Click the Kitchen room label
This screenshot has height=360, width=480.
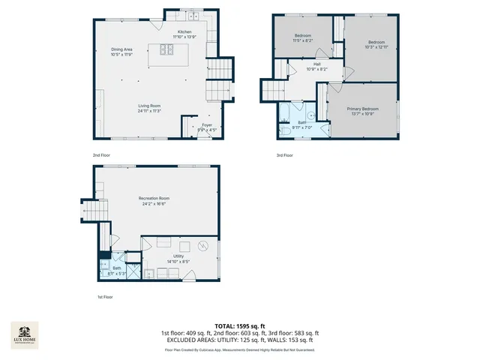tap(184, 32)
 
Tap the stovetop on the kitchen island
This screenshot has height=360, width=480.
tap(166, 52)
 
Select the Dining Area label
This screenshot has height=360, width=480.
tap(121, 49)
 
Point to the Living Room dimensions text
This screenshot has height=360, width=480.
tap(149, 111)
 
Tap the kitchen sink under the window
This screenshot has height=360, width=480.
tap(193, 16)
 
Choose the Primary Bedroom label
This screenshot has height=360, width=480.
tap(362, 109)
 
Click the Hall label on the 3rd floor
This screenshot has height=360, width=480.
tap(317, 64)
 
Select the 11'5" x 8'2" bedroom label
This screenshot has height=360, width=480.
tap(303, 36)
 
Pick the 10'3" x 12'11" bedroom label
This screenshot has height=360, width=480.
tap(376, 42)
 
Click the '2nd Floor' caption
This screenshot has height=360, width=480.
tap(101, 155)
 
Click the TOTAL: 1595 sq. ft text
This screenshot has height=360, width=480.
tap(239, 325)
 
